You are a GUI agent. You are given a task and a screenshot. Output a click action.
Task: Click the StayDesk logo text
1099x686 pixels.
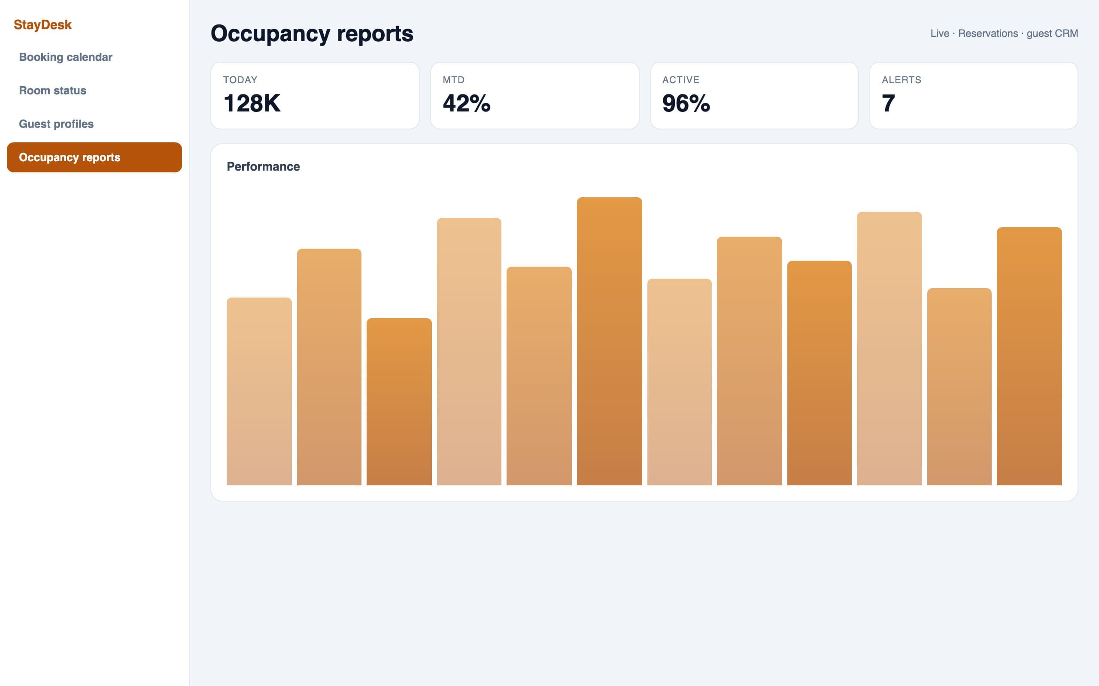point(43,24)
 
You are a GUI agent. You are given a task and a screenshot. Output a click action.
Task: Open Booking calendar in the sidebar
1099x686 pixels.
point(65,57)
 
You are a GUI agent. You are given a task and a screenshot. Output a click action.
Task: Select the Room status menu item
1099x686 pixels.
point(53,90)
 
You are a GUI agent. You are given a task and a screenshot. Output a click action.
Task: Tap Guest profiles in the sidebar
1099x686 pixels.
point(56,124)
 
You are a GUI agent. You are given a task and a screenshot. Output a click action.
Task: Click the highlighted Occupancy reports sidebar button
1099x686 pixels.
point(94,157)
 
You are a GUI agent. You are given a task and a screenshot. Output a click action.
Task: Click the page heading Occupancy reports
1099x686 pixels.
point(312,33)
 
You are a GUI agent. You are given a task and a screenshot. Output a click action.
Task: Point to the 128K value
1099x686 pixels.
point(252,103)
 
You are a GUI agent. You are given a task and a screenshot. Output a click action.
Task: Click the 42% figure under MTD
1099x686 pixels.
point(466,103)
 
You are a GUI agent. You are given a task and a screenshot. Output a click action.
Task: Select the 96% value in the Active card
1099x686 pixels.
point(686,103)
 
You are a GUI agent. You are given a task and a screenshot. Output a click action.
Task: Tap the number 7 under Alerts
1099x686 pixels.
point(888,103)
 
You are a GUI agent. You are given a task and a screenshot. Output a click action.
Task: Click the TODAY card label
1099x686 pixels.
point(240,80)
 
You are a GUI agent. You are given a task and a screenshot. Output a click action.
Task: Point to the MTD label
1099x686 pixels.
point(454,80)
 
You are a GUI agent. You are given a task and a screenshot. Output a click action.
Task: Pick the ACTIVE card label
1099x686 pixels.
point(681,80)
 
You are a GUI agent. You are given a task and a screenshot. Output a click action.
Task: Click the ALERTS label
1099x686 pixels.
point(902,80)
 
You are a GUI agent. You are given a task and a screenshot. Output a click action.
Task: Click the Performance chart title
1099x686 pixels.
point(264,166)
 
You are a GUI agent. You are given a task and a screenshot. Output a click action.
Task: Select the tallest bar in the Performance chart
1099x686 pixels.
point(610,341)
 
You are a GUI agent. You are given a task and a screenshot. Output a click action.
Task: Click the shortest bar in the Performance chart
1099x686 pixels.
point(399,402)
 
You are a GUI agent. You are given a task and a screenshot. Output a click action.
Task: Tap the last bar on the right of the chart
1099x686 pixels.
point(1029,356)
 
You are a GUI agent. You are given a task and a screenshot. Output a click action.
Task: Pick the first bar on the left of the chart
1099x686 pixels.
point(259,391)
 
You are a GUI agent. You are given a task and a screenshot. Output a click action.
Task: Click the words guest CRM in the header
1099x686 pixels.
point(1052,33)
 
